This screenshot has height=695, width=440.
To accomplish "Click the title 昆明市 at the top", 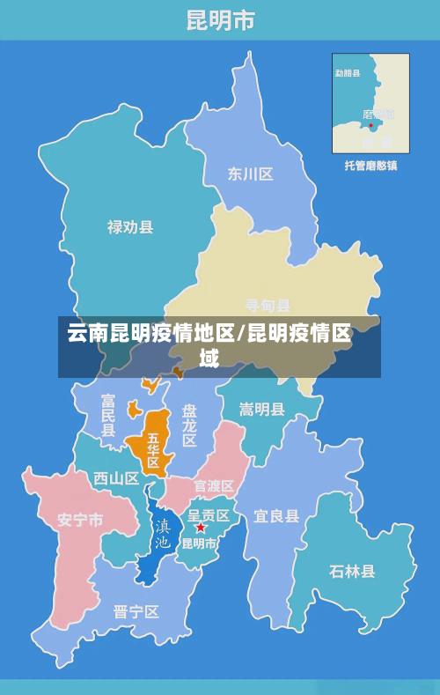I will coord(220,20).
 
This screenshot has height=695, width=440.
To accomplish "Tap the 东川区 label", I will coord(250,174).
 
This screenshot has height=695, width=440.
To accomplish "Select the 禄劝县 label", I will coord(130,226).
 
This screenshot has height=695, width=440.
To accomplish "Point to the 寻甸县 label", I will coord(268,306).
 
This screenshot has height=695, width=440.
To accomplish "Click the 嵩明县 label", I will coord(262,410).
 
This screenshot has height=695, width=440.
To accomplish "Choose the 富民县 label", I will coord(107,416).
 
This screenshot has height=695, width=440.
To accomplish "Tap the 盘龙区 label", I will coord(189,425).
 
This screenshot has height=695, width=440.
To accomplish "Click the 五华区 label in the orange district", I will coord(153,450).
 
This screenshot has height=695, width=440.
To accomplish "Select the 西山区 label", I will coord(116,479).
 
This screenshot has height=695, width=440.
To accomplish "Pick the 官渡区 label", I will coord(214,486).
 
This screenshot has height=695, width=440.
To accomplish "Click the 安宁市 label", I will coord(80,520).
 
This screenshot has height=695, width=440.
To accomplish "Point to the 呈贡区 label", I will coord(209,515).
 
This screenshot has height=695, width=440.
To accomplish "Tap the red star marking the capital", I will coord(200,528).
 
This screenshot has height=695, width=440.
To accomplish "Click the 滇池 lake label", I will coord(163,534).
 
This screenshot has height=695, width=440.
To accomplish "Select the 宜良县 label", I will coord(276,516).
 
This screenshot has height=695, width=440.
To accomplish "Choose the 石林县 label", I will coord(352,571).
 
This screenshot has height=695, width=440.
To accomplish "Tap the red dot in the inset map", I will coord(372,126).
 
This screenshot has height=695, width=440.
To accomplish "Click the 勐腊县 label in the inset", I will coord(348,73).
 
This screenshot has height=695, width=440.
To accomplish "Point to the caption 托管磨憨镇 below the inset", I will coord(370,165).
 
